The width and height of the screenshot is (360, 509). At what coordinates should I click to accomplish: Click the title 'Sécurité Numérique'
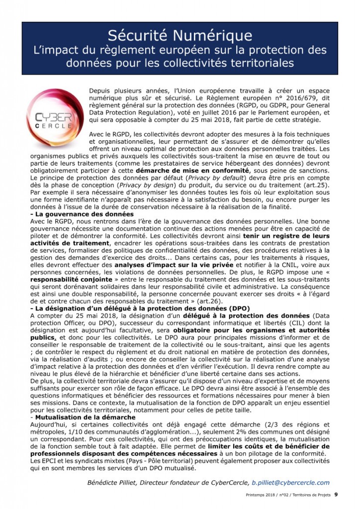[x=180, y=35]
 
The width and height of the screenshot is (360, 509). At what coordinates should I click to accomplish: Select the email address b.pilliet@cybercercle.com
[x=290, y=482]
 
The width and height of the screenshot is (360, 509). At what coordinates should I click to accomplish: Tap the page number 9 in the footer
[x=336, y=494]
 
